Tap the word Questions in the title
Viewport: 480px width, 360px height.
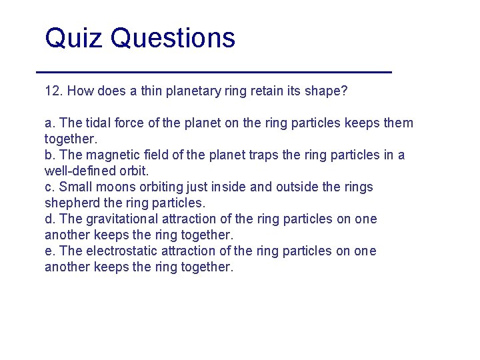pos(173,38)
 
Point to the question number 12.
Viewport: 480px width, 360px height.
pos(53,91)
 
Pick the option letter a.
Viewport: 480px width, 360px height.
pos(48,123)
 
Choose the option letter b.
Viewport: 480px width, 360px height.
pos(48,155)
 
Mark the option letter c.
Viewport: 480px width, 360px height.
pos(48,187)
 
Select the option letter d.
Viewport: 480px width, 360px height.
pos(48,219)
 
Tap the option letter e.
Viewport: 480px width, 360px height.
pos(48,251)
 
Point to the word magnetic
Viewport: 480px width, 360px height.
pos(109,155)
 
